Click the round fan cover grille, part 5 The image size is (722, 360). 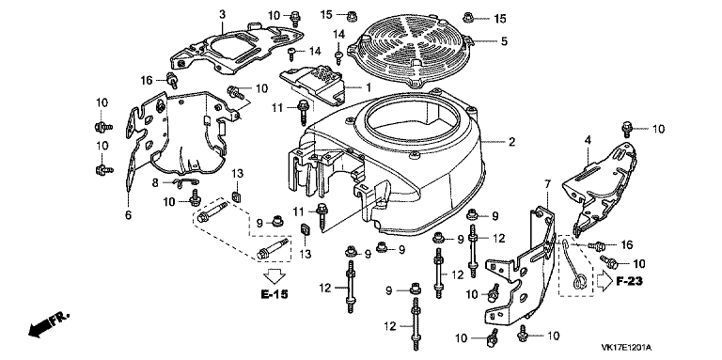411,53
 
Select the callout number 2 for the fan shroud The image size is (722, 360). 511,142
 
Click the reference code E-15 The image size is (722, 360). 274,294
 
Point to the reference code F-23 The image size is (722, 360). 629,281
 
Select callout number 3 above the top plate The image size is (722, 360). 222,14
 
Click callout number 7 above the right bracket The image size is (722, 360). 547,185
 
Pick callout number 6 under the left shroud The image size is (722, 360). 128,215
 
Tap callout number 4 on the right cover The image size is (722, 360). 588,140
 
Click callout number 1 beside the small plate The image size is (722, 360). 368,87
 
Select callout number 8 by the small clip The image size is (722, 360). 156,182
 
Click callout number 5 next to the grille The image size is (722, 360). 504,41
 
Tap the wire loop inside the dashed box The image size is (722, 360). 573,264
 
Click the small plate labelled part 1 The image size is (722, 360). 313,85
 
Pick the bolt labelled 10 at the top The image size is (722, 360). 295,18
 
